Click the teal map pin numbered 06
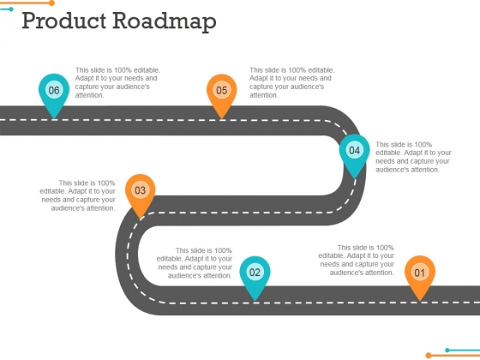(x=54, y=91)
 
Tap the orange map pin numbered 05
(x=222, y=91)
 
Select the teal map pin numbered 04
(x=354, y=151)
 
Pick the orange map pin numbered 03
(x=140, y=191)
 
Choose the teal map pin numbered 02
(x=255, y=273)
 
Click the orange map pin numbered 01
(x=419, y=273)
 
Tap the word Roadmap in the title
(x=164, y=21)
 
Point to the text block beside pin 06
(x=117, y=83)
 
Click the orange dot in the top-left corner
(x=52, y=3)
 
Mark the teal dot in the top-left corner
(x=11, y=9)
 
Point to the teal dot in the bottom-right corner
(x=471, y=351)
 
